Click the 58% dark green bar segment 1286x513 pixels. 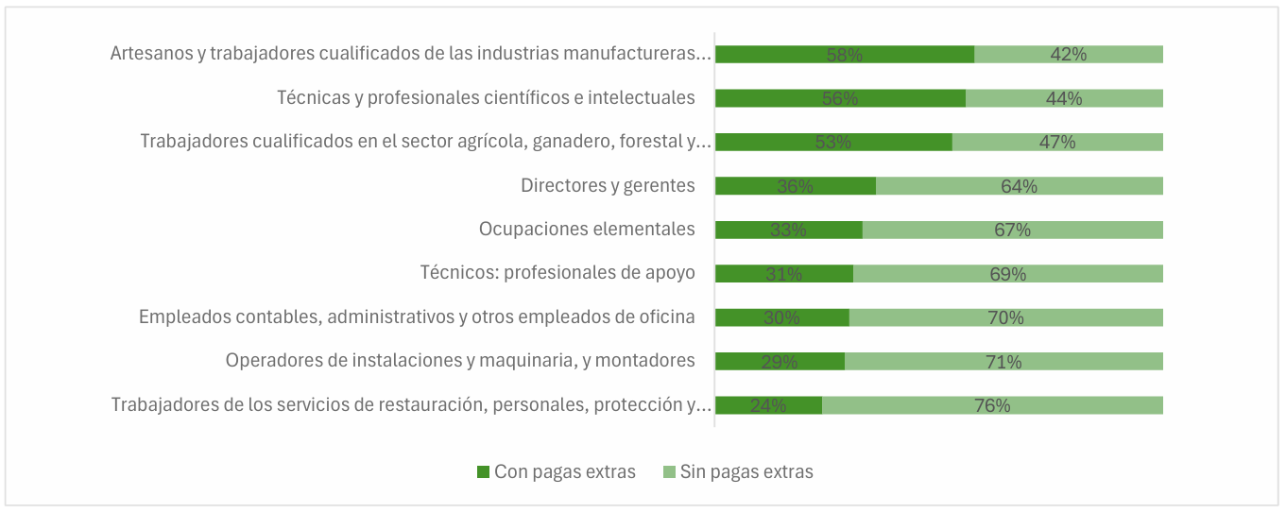(844, 55)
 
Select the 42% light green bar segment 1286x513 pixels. (1068, 55)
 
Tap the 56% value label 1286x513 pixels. (839, 98)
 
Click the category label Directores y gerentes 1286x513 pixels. (608, 186)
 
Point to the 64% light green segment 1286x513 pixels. (1019, 186)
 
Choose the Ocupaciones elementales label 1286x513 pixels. (587, 230)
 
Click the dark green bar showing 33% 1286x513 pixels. (788, 230)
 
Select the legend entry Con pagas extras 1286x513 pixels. (556, 471)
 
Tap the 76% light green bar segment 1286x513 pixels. (992, 405)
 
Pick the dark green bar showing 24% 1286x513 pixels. (767, 405)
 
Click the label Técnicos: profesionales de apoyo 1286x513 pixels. (557, 273)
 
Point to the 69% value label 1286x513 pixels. (1007, 274)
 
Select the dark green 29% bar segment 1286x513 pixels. (780, 361)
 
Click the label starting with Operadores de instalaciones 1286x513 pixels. (460, 361)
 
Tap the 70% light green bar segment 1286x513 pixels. (1005, 317)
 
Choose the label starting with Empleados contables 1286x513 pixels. (417, 317)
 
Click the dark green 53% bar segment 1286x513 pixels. (832, 142)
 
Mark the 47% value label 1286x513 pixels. (1056, 142)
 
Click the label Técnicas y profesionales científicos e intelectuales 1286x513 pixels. (486, 98)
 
